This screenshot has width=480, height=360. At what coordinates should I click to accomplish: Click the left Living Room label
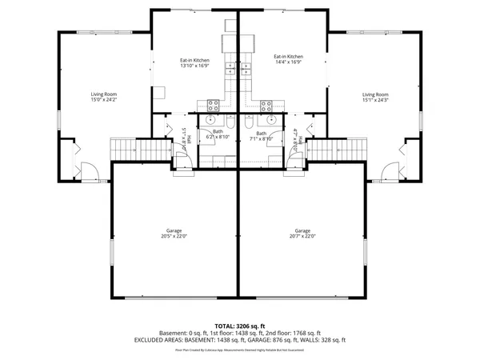[103, 94]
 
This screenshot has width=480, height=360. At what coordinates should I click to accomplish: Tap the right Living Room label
[374, 94]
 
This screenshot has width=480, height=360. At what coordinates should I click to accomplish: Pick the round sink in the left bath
[210, 120]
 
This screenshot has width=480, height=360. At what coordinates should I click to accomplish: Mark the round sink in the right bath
[272, 120]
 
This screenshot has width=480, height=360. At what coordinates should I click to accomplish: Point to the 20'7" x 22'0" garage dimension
[303, 236]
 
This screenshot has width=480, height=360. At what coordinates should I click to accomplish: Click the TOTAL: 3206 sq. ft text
[239, 326]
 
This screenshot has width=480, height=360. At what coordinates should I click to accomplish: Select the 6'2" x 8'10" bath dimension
[218, 137]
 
